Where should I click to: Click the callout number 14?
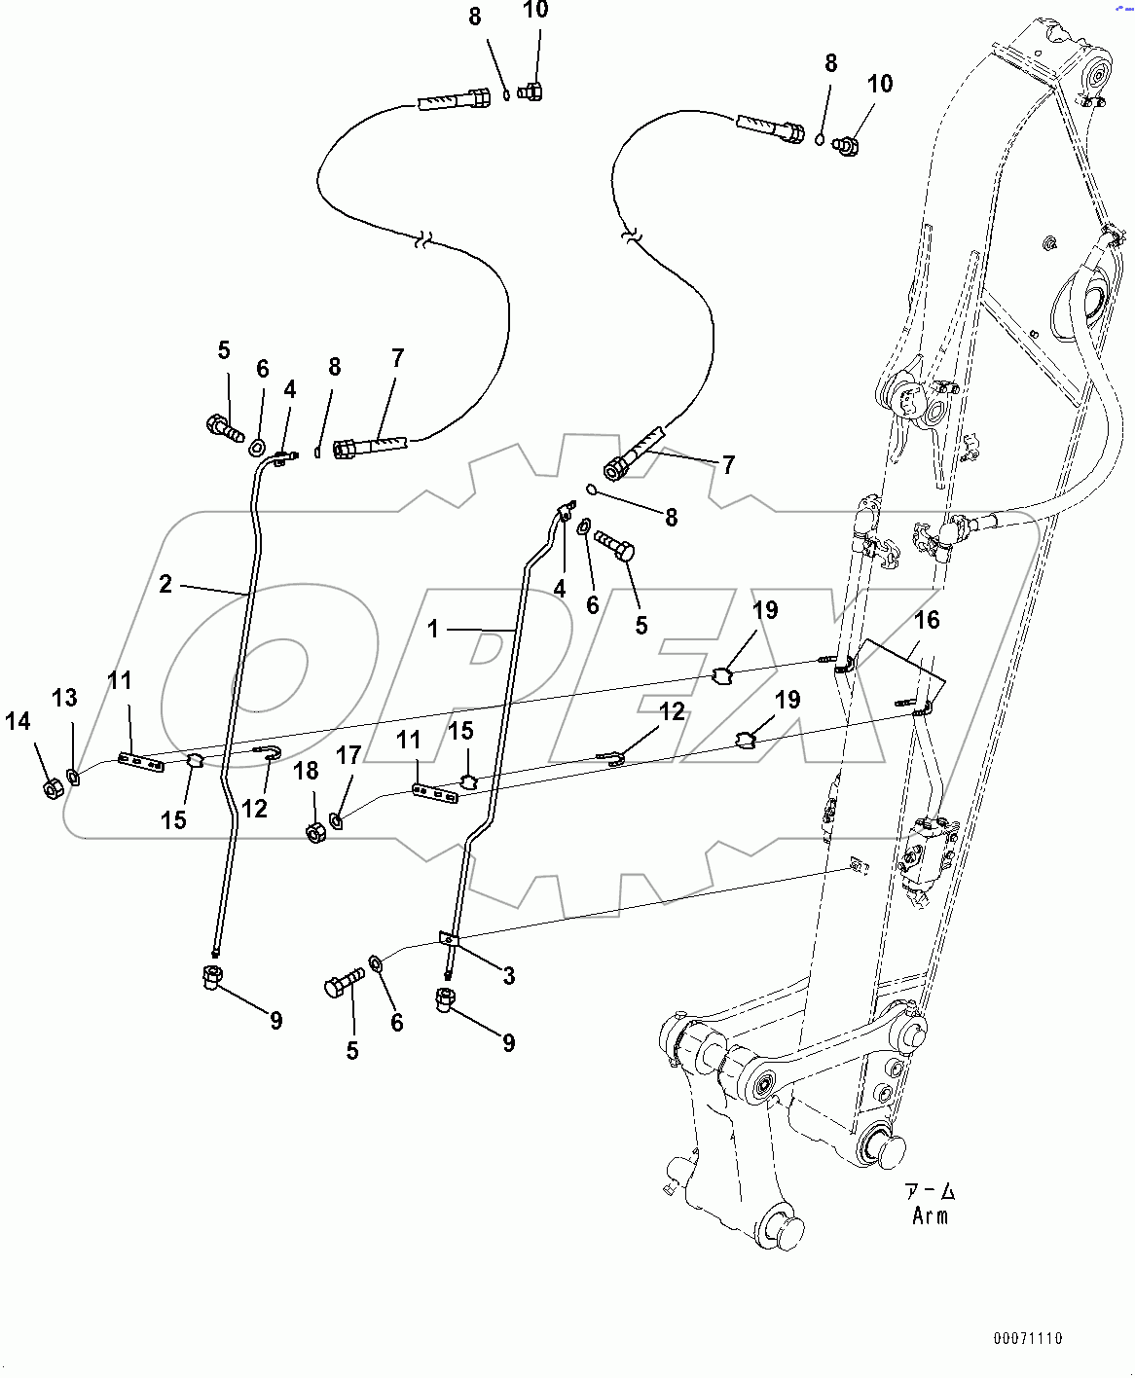point(18,721)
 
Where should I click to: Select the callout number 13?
point(64,698)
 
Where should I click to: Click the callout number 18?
point(306,771)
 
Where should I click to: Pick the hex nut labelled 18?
point(315,833)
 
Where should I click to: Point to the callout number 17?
point(348,755)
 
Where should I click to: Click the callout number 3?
point(509,975)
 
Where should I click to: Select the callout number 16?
point(927,620)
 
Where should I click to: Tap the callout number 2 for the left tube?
point(165,583)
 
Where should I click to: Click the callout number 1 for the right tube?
point(433,629)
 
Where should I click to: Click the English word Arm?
point(930,1215)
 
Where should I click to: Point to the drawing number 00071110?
point(1028,1338)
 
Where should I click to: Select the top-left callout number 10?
point(535,11)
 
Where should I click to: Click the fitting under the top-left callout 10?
point(531,91)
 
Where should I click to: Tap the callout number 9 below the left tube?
point(276,1020)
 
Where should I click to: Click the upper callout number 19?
point(765,610)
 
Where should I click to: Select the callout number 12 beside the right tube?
point(672,711)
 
